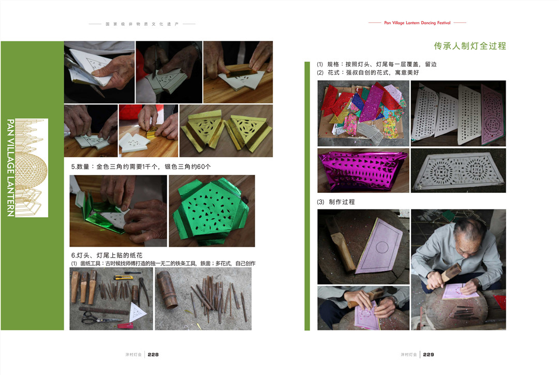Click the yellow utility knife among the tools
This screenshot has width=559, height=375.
(x=123, y=277)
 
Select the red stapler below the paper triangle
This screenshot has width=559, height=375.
(x=125, y=325)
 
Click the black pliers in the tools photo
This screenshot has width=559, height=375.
(x=143, y=291)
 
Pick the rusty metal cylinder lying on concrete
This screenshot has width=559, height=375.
(x=167, y=289)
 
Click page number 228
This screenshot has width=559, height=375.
(x=153, y=355)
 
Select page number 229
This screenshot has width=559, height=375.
(x=429, y=355)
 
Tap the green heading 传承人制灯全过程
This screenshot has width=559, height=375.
(x=470, y=46)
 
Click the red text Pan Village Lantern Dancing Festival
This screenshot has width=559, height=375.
(x=417, y=23)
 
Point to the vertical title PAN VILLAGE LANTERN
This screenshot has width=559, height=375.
(x=11, y=168)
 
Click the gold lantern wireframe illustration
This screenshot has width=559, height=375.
(x=32, y=168)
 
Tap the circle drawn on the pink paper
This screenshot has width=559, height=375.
(x=382, y=247)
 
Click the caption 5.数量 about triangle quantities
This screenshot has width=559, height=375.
(x=141, y=167)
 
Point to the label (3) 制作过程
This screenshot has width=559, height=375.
(x=336, y=202)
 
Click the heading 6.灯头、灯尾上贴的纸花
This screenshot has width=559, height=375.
(x=107, y=256)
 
